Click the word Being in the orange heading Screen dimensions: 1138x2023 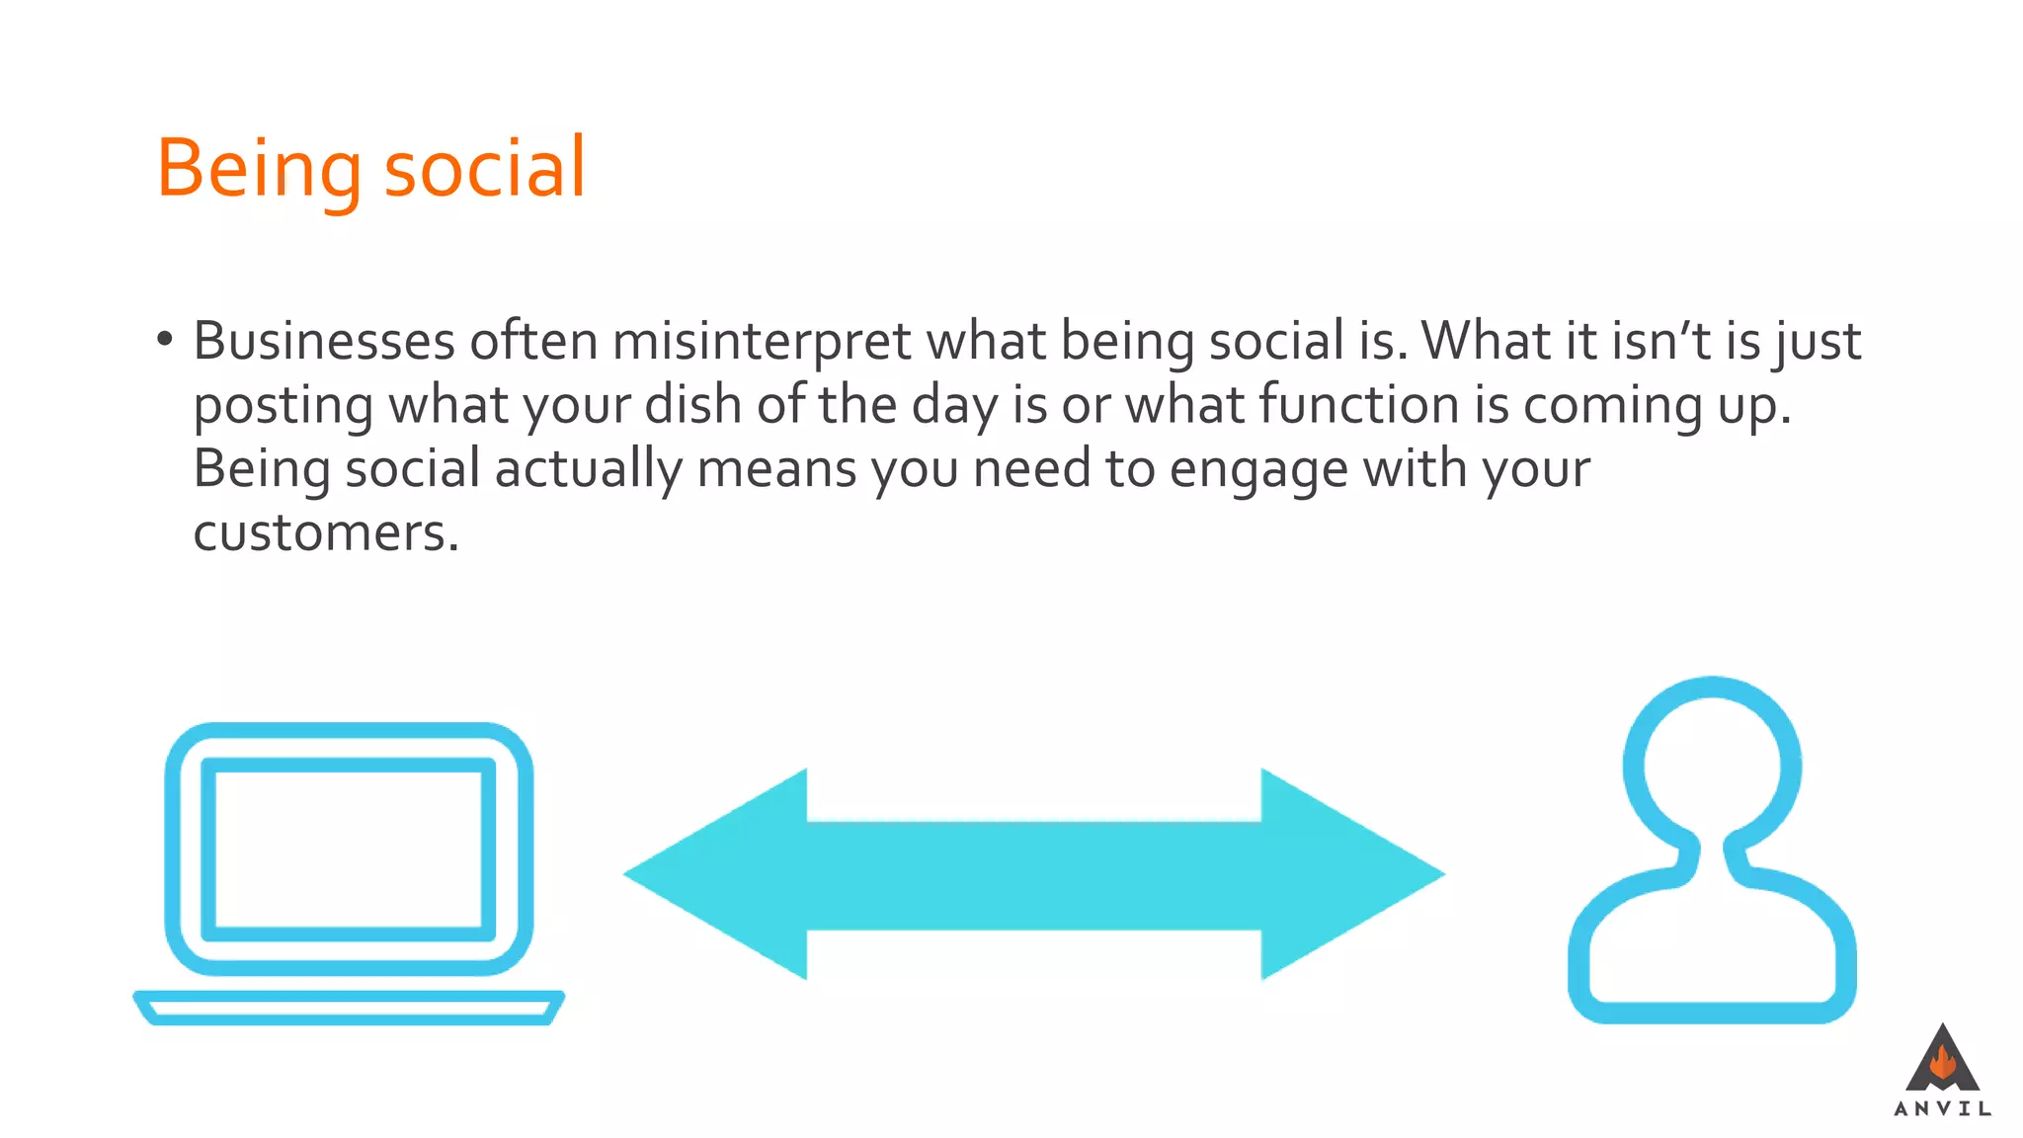tap(259, 169)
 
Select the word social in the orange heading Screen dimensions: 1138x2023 tap(484, 167)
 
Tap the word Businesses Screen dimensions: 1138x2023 tap(324, 342)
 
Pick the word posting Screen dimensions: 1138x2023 tap(283, 406)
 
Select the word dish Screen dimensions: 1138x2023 tap(692, 405)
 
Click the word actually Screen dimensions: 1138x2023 tap(588, 469)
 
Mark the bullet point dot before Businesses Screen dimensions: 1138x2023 tap(164, 341)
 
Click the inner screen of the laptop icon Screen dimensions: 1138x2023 tap(348, 850)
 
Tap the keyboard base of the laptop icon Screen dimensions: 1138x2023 tap(348, 1008)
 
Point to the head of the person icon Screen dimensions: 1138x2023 tap(1712, 766)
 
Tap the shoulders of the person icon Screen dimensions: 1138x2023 tap(1712, 948)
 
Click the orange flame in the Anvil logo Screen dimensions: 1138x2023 tap(1942, 1063)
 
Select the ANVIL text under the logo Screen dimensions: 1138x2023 tap(1942, 1109)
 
